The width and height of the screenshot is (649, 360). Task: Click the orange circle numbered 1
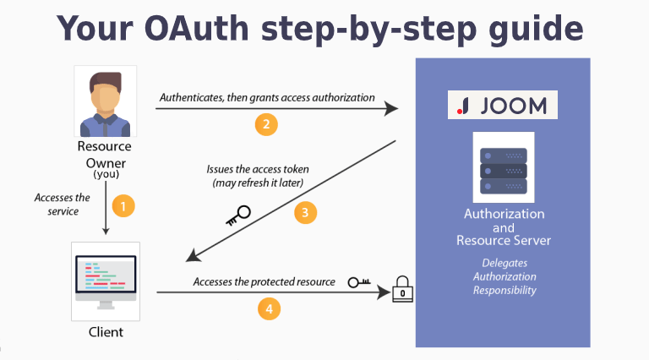123,206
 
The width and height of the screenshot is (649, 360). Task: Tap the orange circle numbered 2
266,125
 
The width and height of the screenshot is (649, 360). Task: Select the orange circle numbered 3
306,212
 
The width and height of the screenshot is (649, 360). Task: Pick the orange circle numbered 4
269,310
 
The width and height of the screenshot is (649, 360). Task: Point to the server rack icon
504,167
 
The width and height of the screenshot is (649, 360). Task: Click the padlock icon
403,292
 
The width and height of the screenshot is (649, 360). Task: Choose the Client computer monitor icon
106,279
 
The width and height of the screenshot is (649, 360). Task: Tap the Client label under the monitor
106,332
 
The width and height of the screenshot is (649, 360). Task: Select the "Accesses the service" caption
63,205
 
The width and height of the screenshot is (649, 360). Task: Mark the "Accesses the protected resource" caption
264,281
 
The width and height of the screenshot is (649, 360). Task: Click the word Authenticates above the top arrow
192,98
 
